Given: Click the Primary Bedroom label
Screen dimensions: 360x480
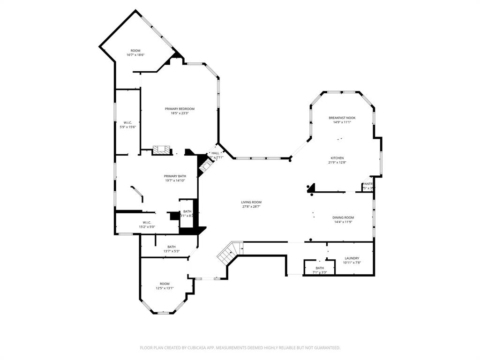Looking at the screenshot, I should [180, 109].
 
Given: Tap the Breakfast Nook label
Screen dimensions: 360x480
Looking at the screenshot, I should [342, 118].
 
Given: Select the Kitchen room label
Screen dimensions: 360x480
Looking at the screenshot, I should [337, 158].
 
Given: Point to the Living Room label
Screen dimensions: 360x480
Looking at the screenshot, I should [252, 202].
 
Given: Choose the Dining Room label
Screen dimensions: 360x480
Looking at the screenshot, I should [343, 217].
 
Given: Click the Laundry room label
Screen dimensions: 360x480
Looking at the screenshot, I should [352, 258].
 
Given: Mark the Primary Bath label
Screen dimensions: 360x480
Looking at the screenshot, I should [175, 176].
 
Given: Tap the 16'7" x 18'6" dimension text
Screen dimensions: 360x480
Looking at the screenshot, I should [135, 55].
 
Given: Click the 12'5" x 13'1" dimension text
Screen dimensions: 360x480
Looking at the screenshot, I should [165, 288].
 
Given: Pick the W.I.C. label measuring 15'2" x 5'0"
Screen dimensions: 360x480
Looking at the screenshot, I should [147, 223].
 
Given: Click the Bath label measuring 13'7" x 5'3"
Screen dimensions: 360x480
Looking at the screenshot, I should [172, 247].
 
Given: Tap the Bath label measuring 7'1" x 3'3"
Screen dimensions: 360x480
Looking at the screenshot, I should [319, 268].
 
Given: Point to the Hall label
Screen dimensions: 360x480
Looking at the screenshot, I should [215, 153].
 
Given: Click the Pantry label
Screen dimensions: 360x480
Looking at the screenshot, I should [368, 184].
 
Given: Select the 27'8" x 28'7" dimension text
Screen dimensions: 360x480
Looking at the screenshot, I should [252, 206].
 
